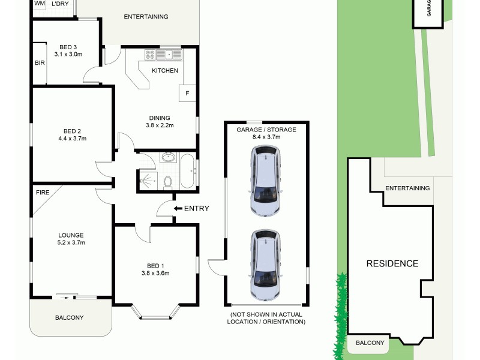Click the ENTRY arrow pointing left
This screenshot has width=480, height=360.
(x=178, y=208)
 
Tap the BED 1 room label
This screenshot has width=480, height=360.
(x=154, y=266)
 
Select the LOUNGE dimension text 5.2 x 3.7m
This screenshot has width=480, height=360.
(x=71, y=243)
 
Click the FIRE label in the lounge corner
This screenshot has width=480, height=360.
(x=42, y=193)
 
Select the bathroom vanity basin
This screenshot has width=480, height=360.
(x=168, y=158)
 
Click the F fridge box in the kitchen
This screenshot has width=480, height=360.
(x=187, y=94)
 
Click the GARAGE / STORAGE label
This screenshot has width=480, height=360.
(x=266, y=129)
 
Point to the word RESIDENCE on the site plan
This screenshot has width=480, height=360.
(x=392, y=263)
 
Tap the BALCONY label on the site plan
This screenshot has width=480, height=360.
(x=370, y=343)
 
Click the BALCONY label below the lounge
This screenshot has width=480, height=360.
(x=69, y=317)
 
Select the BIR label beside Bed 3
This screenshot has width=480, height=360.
(x=39, y=62)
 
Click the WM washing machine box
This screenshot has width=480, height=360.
(x=40, y=4)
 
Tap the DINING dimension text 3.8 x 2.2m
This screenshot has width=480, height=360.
(x=159, y=125)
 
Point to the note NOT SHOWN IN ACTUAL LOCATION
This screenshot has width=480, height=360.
(x=266, y=318)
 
